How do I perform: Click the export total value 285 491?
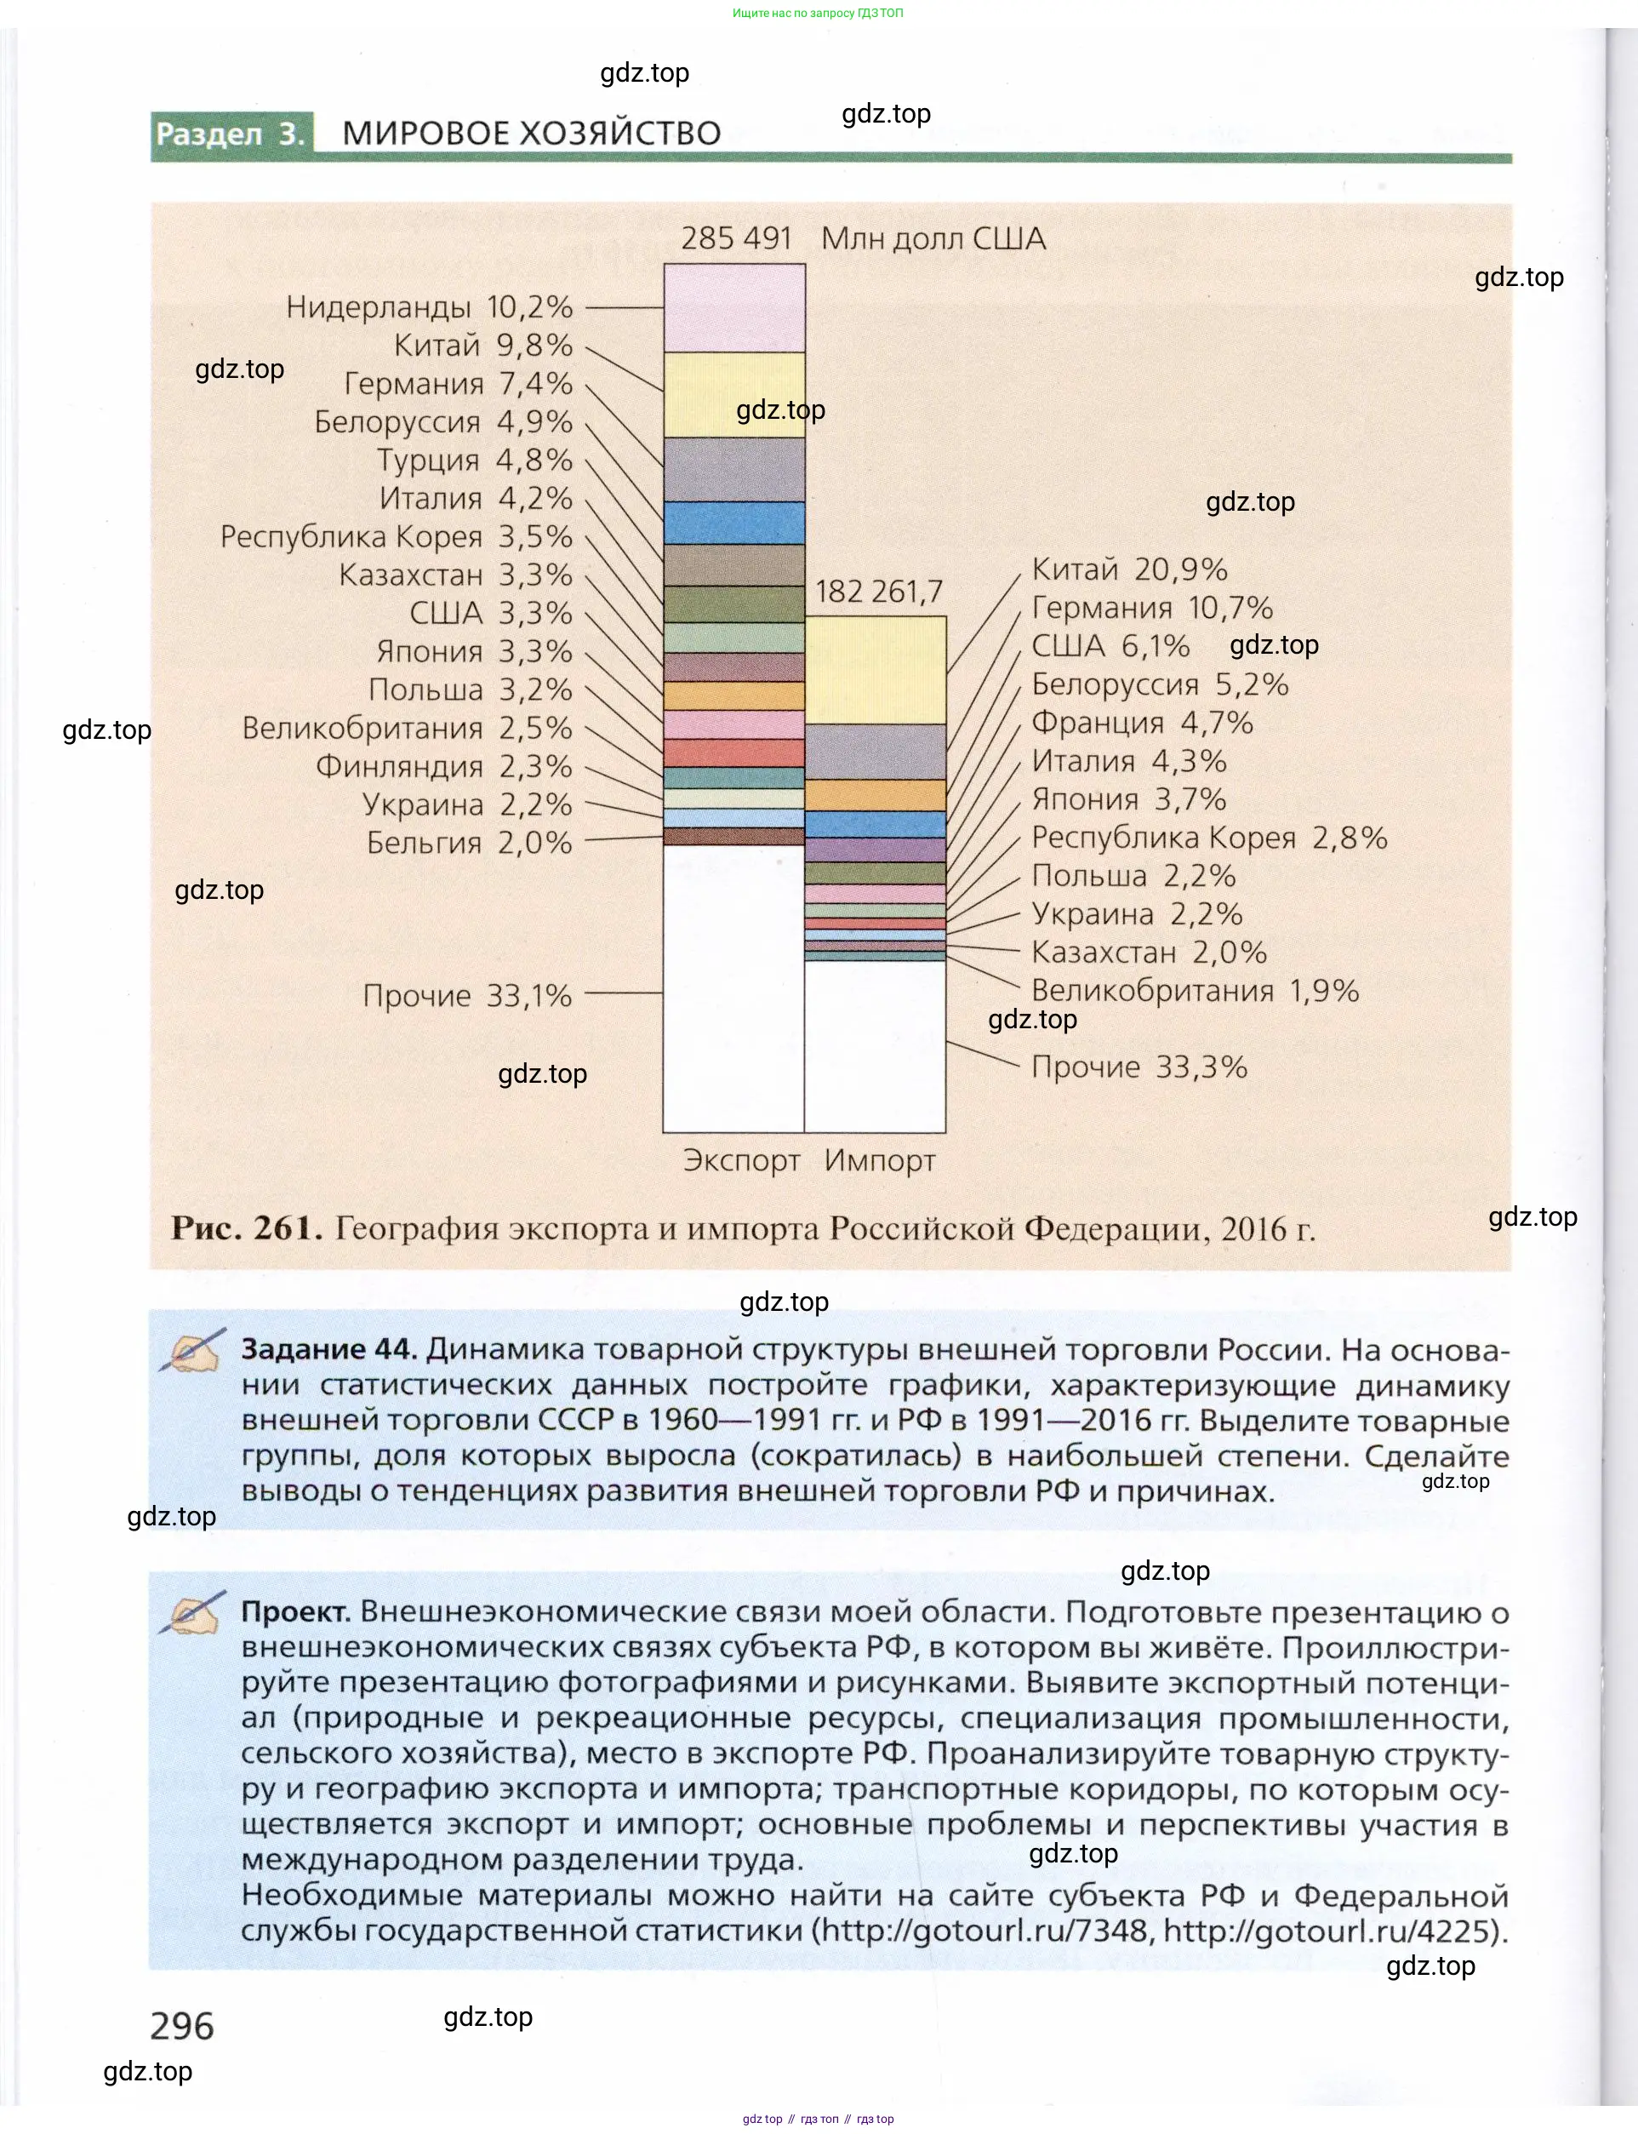(x=735, y=238)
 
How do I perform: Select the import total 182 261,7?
(x=878, y=591)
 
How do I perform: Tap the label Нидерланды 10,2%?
(x=429, y=307)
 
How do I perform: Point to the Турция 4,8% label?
(x=475, y=460)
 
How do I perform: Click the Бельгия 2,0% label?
(x=469, y=843)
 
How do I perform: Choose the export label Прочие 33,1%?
(x=467, y=996)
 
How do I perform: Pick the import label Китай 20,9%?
(x=1129, y=569)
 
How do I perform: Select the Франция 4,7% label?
(x=1142, y=723)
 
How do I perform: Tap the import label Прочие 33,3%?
(x=1139, y=1067)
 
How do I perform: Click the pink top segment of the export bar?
(x=734, y=308)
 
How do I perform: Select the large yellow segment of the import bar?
(x=875, y=670)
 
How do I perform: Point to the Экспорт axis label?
(x=741, y=1160)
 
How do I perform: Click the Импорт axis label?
(x=880, y=1160)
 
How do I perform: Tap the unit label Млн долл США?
(x=933, y=238)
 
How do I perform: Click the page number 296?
(x=181, y=2027)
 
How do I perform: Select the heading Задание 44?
(x=329, y=1349)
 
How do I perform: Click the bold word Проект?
(x=295, y=1611)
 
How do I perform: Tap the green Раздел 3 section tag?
(x=231, y=134)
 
